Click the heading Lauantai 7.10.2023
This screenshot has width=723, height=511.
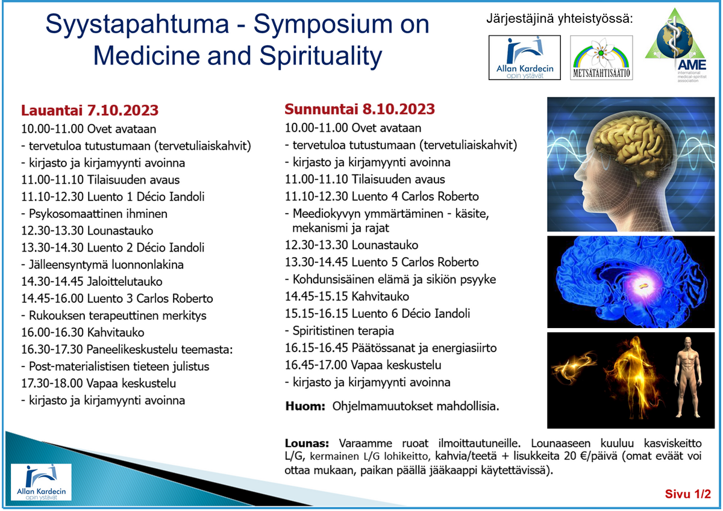coord(90,110)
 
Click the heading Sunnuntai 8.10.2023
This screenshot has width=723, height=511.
coord(360,109)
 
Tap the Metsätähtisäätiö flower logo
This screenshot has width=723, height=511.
coord(601,58)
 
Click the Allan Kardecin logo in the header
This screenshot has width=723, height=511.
coord(525,58)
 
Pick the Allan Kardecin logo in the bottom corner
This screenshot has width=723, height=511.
coord(41,482)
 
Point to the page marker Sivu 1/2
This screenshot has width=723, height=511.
coord(688,494)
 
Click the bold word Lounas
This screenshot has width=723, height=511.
coord(307,444)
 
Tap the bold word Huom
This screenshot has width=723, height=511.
coord(305,406)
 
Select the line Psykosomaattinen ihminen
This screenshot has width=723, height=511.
coord(94,214)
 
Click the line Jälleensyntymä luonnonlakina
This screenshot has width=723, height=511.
coord(102,265)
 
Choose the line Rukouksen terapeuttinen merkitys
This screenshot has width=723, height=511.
coord(114,315)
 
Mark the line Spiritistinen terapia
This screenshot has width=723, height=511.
coord(339,331)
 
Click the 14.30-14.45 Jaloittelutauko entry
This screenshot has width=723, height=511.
coord(92,282)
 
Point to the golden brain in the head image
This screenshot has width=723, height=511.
coord(631,140)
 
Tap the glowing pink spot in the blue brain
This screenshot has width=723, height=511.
coord(641,285)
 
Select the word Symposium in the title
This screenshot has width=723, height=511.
coord(323,25)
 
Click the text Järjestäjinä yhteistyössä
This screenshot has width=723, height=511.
coord(560,19)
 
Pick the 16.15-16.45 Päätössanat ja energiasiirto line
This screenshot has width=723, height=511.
coord(390,348)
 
